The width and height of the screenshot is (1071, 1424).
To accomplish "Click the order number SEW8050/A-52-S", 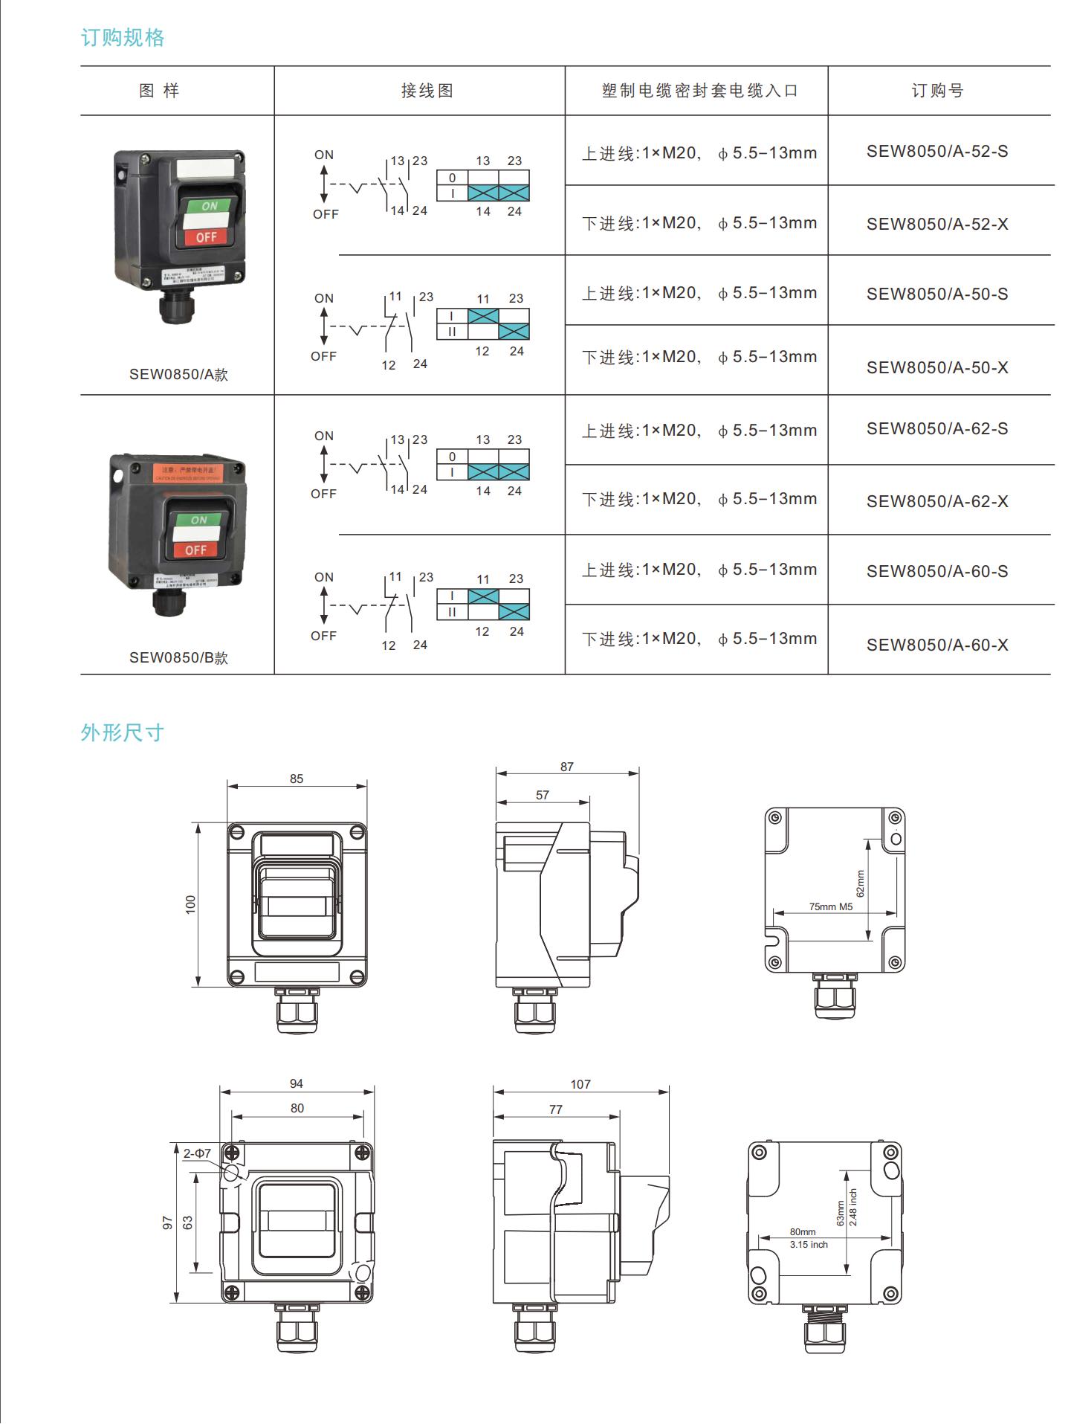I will click(937, 152).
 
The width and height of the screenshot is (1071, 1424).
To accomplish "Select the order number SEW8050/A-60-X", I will click(937, 645).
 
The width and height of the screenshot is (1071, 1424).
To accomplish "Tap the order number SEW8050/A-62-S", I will click(937, 429).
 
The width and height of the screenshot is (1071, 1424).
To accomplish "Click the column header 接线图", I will click(427, 91).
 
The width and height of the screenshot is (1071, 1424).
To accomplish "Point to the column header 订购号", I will click(937, 91).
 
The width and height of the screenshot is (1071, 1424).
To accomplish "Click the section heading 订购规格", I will click(123, 38).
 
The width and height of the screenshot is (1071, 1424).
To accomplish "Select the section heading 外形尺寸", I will click(123, 732).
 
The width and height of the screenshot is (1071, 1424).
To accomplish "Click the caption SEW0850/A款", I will click(178, 374).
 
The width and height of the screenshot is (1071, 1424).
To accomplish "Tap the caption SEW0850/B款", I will click(178, 657).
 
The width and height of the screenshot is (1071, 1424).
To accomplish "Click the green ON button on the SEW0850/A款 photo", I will click(210, 205).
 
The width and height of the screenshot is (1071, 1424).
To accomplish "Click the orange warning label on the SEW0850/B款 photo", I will click(189, 472).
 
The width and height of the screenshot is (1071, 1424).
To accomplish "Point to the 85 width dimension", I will click(297, 779).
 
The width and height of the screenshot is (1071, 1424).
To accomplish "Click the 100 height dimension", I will click(191, 904).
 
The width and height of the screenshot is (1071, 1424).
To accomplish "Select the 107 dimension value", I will click(580, 1084).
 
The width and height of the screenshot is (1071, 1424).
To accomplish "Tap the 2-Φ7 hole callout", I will click(197, 1153).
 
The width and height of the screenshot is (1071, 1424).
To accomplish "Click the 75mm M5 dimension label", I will click(831, 906).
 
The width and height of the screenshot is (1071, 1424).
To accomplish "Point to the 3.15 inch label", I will click(809, 1244).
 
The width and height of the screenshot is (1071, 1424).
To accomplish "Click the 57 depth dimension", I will click(543, 795).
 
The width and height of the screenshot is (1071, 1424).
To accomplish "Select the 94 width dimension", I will click(297, 1083).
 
